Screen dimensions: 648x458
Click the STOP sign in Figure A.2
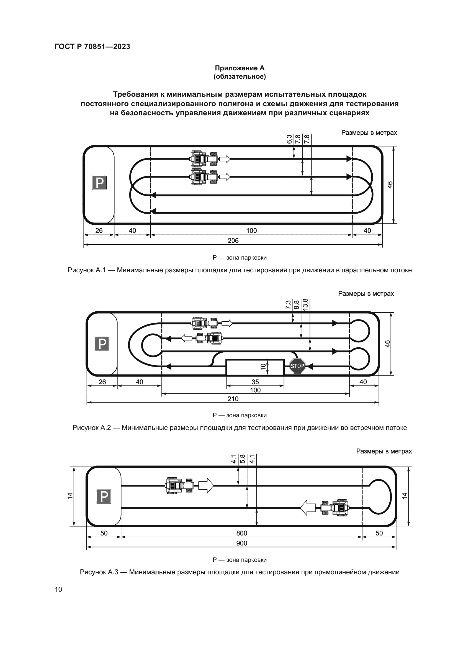(x=297, y=366)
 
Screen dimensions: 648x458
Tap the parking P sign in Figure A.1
(x=99, y=183)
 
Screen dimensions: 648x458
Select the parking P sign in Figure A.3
(x=104, y=496)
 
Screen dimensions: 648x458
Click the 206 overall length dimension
(x=233, y=240)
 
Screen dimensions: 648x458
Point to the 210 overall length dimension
(x=233, y=398)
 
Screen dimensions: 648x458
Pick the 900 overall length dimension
(x=242, y=543)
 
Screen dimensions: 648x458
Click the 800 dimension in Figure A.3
(x=242, y=533)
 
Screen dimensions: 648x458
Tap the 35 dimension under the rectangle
(x=255, y=382)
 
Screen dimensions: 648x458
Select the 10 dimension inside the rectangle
(x=263, y=367)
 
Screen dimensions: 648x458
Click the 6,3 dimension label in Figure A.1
(x=289, y=139)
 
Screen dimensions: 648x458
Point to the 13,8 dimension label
(x=306, y=304)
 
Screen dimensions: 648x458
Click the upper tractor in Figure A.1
(x=204, y=159)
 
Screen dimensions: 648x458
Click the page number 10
(x=58, y=589)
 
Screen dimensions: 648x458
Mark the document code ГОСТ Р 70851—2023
(x=92, y=47)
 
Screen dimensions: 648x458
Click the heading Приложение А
(x=240, y=68)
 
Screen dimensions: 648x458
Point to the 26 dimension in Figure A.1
(x=99, y=230)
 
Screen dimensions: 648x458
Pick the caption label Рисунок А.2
(x=91, y=427)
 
